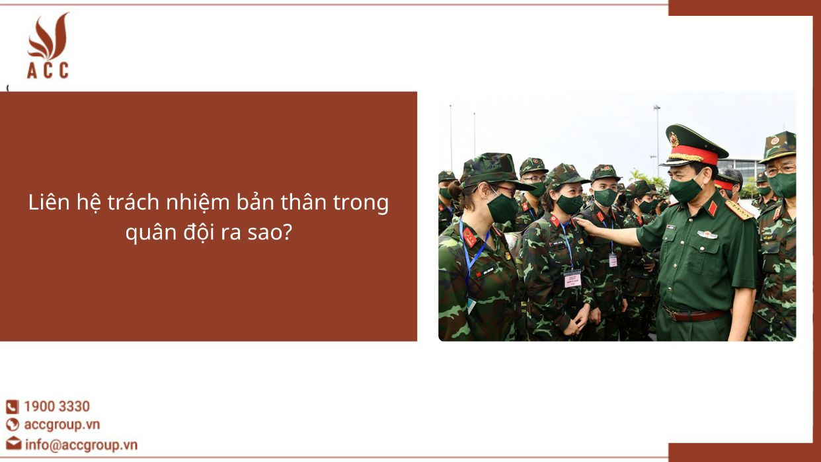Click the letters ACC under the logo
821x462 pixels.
[x=48, y=70]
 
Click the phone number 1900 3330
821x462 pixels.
[x=57, y=406]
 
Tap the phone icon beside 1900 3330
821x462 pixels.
[x=13, y=407]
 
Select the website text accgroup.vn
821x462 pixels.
[x=61, y=425]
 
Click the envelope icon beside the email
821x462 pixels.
[x=13, y=444]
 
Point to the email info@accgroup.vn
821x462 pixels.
[x=81, y=444]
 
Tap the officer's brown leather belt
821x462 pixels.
[x=694, y=315]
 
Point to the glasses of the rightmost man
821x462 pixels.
[x=780, y=169]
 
